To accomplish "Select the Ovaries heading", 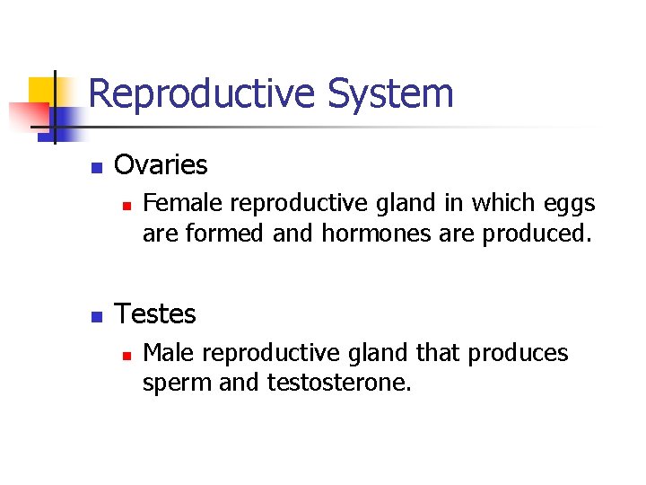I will point(161,165).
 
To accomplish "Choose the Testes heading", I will point(156,314).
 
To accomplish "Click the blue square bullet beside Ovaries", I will point(97,167).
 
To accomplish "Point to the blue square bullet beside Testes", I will point(97,316).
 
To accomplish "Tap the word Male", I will point(166,353).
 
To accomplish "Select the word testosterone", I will point(339,384).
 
